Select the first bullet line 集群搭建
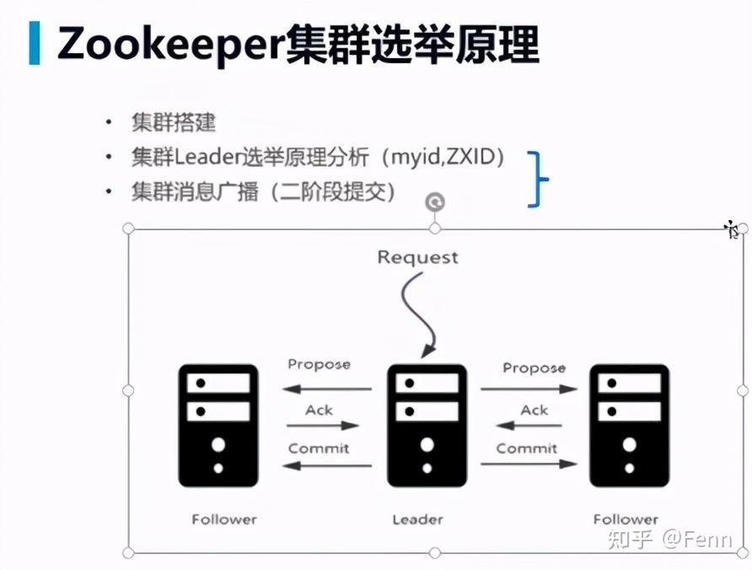173,122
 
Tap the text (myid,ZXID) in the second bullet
443,157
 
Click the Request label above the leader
418,257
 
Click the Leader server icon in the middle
427,425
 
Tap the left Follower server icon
218,425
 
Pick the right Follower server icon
629,425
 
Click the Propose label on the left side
319,364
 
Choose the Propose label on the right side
534,368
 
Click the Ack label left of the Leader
320,411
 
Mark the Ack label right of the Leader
534,411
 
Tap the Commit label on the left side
319,449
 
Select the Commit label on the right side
527,449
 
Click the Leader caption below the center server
417,519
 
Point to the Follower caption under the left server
224,519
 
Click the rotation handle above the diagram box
435,201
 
